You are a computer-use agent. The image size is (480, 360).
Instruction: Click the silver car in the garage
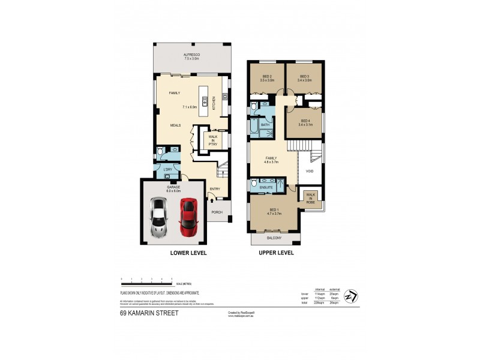[x=159, y=217]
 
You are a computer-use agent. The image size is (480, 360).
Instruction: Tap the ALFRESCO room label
[x=191, y=55]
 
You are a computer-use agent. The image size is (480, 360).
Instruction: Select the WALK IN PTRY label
[x=213, y=139]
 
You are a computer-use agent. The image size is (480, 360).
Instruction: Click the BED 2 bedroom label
[x=267, y=76]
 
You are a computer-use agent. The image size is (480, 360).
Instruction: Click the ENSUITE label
[x=266, y=188]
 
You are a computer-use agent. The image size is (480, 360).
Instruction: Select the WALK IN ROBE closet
[x=311, y=197]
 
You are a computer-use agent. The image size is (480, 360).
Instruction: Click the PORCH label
[x=217, y=212]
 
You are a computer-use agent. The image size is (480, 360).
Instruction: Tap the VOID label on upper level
[x=310, y=172]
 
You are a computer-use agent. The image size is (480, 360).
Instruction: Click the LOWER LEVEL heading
[x=188, y=253]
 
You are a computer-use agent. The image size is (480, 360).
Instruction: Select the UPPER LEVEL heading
[x=276, y=253]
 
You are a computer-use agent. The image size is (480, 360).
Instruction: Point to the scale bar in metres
[x=146, y=280]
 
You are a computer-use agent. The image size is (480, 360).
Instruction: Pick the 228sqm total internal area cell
[x=320, y=302]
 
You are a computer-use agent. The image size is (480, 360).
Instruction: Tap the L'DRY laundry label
[x=168, y=169]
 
